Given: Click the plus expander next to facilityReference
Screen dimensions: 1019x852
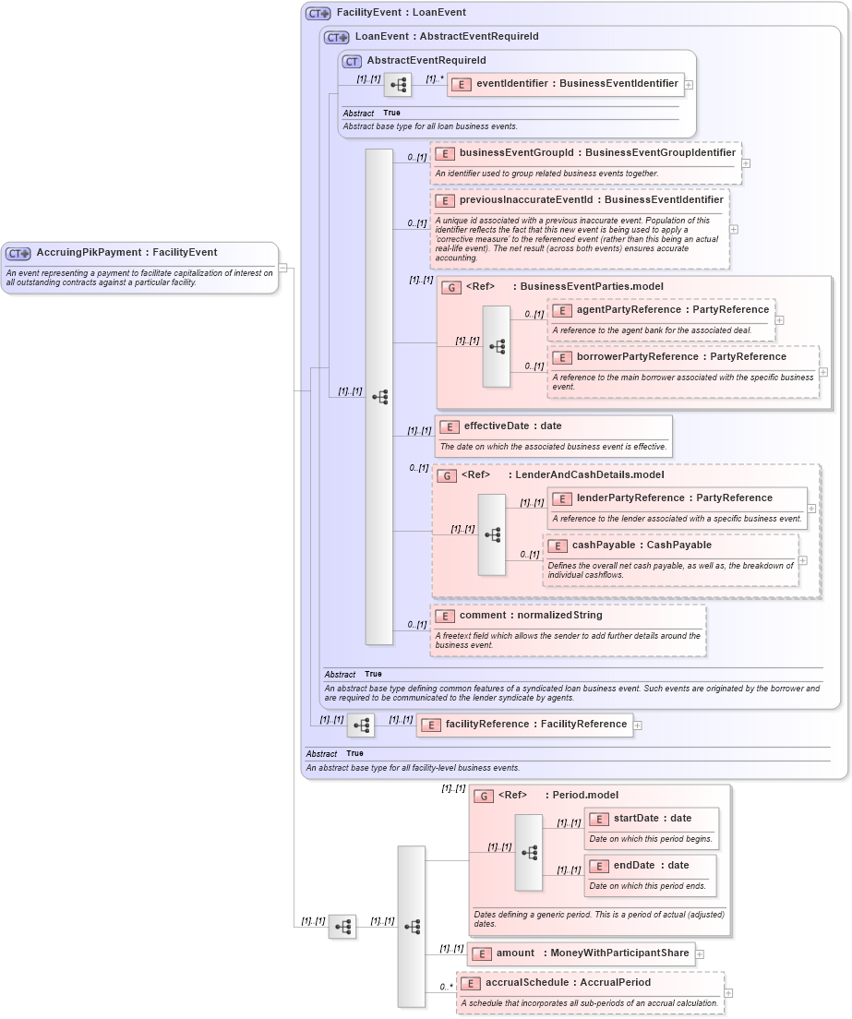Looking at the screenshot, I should [x=638, y=725].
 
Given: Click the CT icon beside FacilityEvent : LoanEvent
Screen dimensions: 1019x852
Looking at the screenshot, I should [x=318, y=14].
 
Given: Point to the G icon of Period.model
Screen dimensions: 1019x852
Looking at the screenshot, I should [x=484, y=796].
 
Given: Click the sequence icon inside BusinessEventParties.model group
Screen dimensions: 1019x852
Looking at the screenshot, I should [x=497, y=346].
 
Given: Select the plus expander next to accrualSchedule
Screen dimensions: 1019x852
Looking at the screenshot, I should [x=729, y=993].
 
